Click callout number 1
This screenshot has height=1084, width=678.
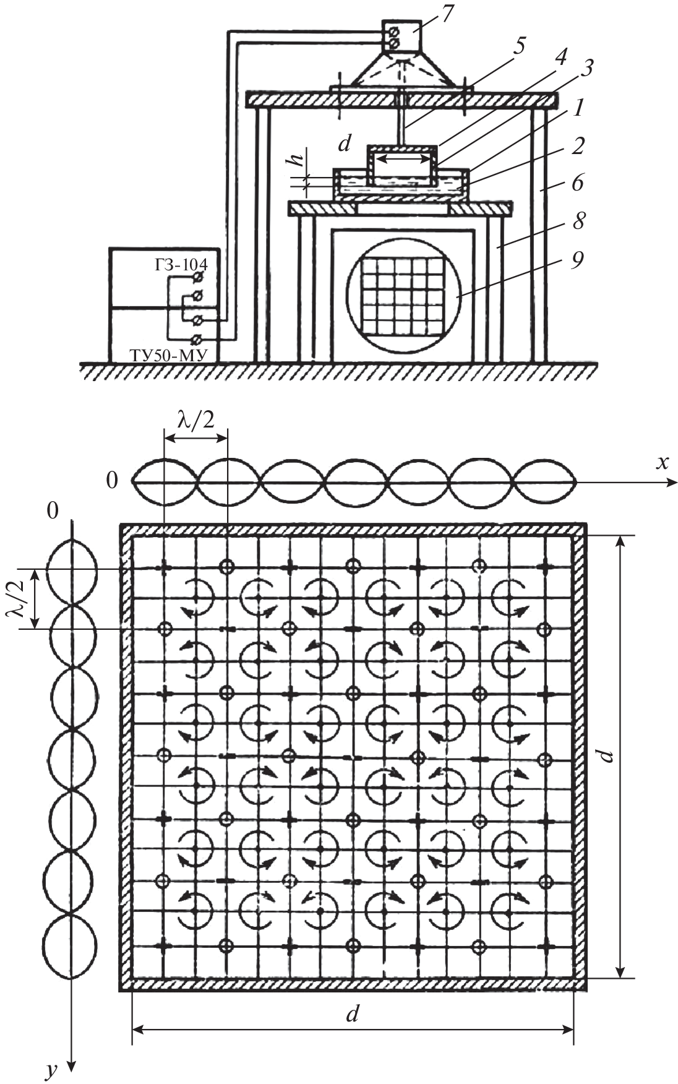(x=577, y=109)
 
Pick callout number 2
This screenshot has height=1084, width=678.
(x=578, y=147)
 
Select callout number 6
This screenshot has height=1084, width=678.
(x=578, y=183)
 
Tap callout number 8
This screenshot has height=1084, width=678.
(x=578, y=222)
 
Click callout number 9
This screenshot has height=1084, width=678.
(x=577, y=260)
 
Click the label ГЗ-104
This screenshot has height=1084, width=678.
(x=181, y=265)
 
